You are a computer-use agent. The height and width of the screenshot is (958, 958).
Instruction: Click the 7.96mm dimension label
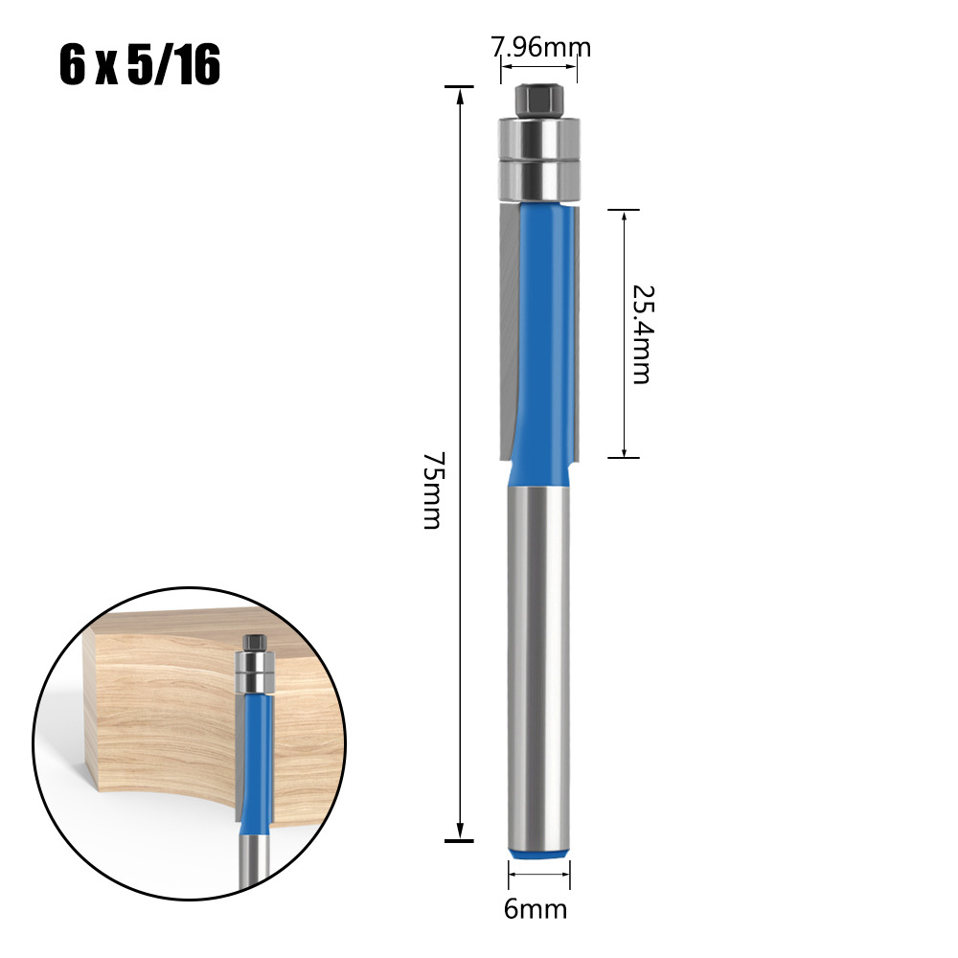541,46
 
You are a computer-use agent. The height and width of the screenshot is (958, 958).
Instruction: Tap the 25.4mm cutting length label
640,333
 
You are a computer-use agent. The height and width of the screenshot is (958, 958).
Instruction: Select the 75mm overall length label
432,490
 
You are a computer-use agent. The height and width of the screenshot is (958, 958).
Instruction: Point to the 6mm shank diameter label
536,908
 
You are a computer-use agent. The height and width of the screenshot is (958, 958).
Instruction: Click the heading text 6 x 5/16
140,67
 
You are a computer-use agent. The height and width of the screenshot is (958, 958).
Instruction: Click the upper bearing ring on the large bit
540,136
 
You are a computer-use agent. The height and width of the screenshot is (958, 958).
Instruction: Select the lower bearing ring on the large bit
540,177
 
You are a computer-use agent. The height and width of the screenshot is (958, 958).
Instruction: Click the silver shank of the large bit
540,661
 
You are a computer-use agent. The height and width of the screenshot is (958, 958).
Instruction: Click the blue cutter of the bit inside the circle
257,757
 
